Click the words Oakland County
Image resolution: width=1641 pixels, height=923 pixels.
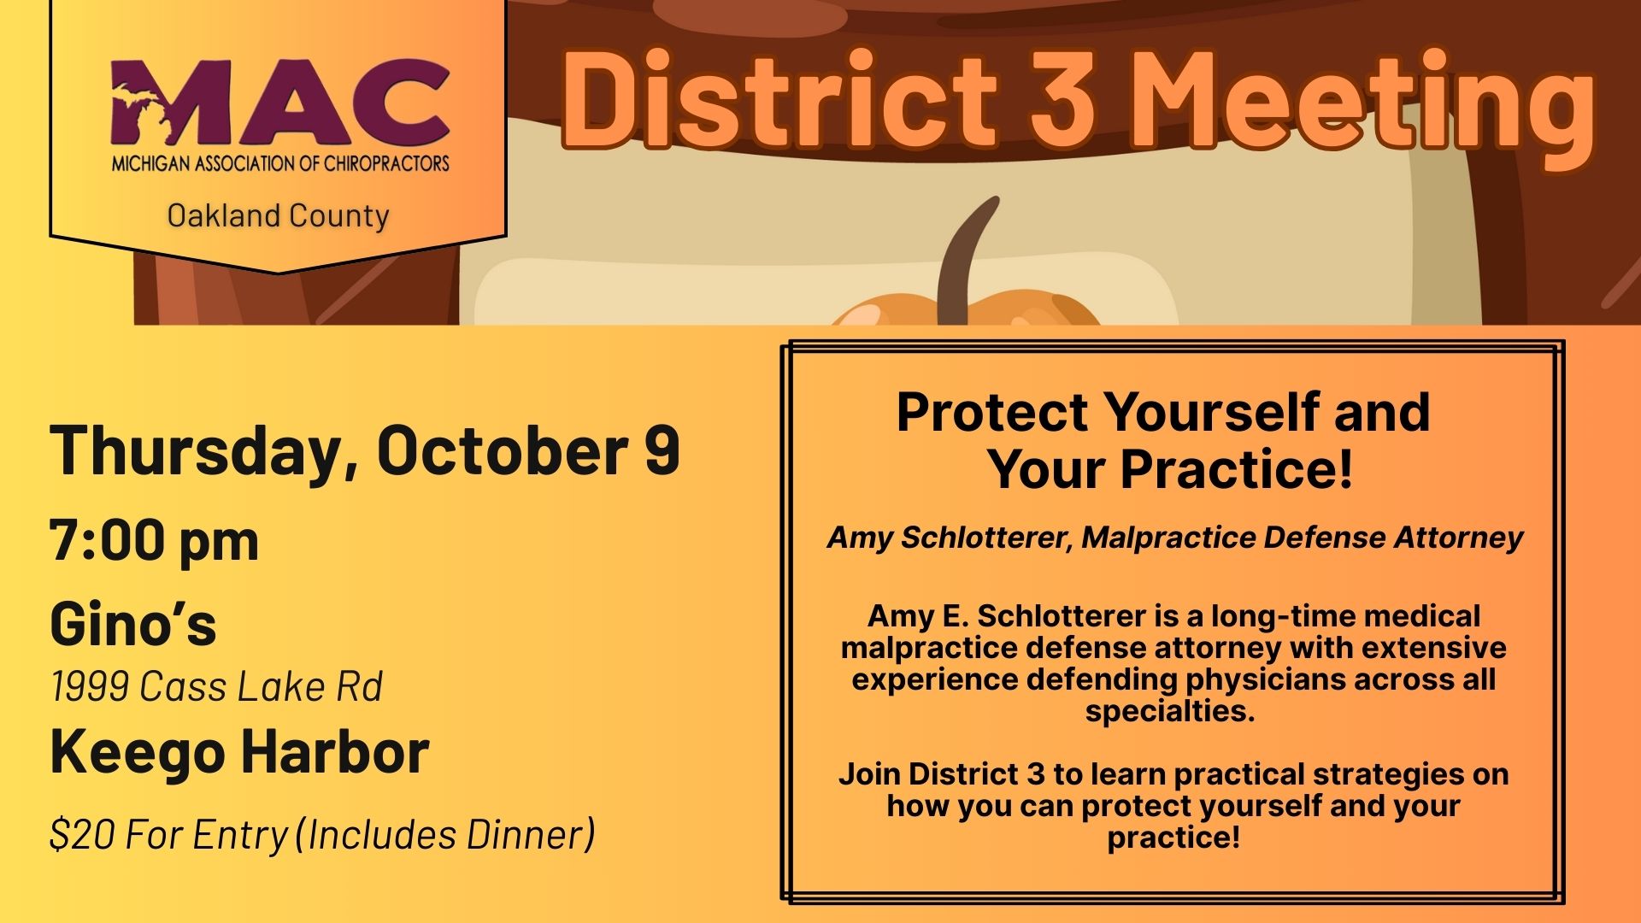[279, 216]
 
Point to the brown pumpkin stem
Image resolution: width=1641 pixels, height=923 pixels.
[967, 261]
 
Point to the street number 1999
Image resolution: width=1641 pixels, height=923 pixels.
[88, 686]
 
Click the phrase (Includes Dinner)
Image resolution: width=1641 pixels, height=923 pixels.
[444, 835]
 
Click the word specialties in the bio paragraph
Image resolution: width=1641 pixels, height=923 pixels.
[1170, 711]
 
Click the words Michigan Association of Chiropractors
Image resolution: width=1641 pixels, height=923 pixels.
[280, 162]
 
